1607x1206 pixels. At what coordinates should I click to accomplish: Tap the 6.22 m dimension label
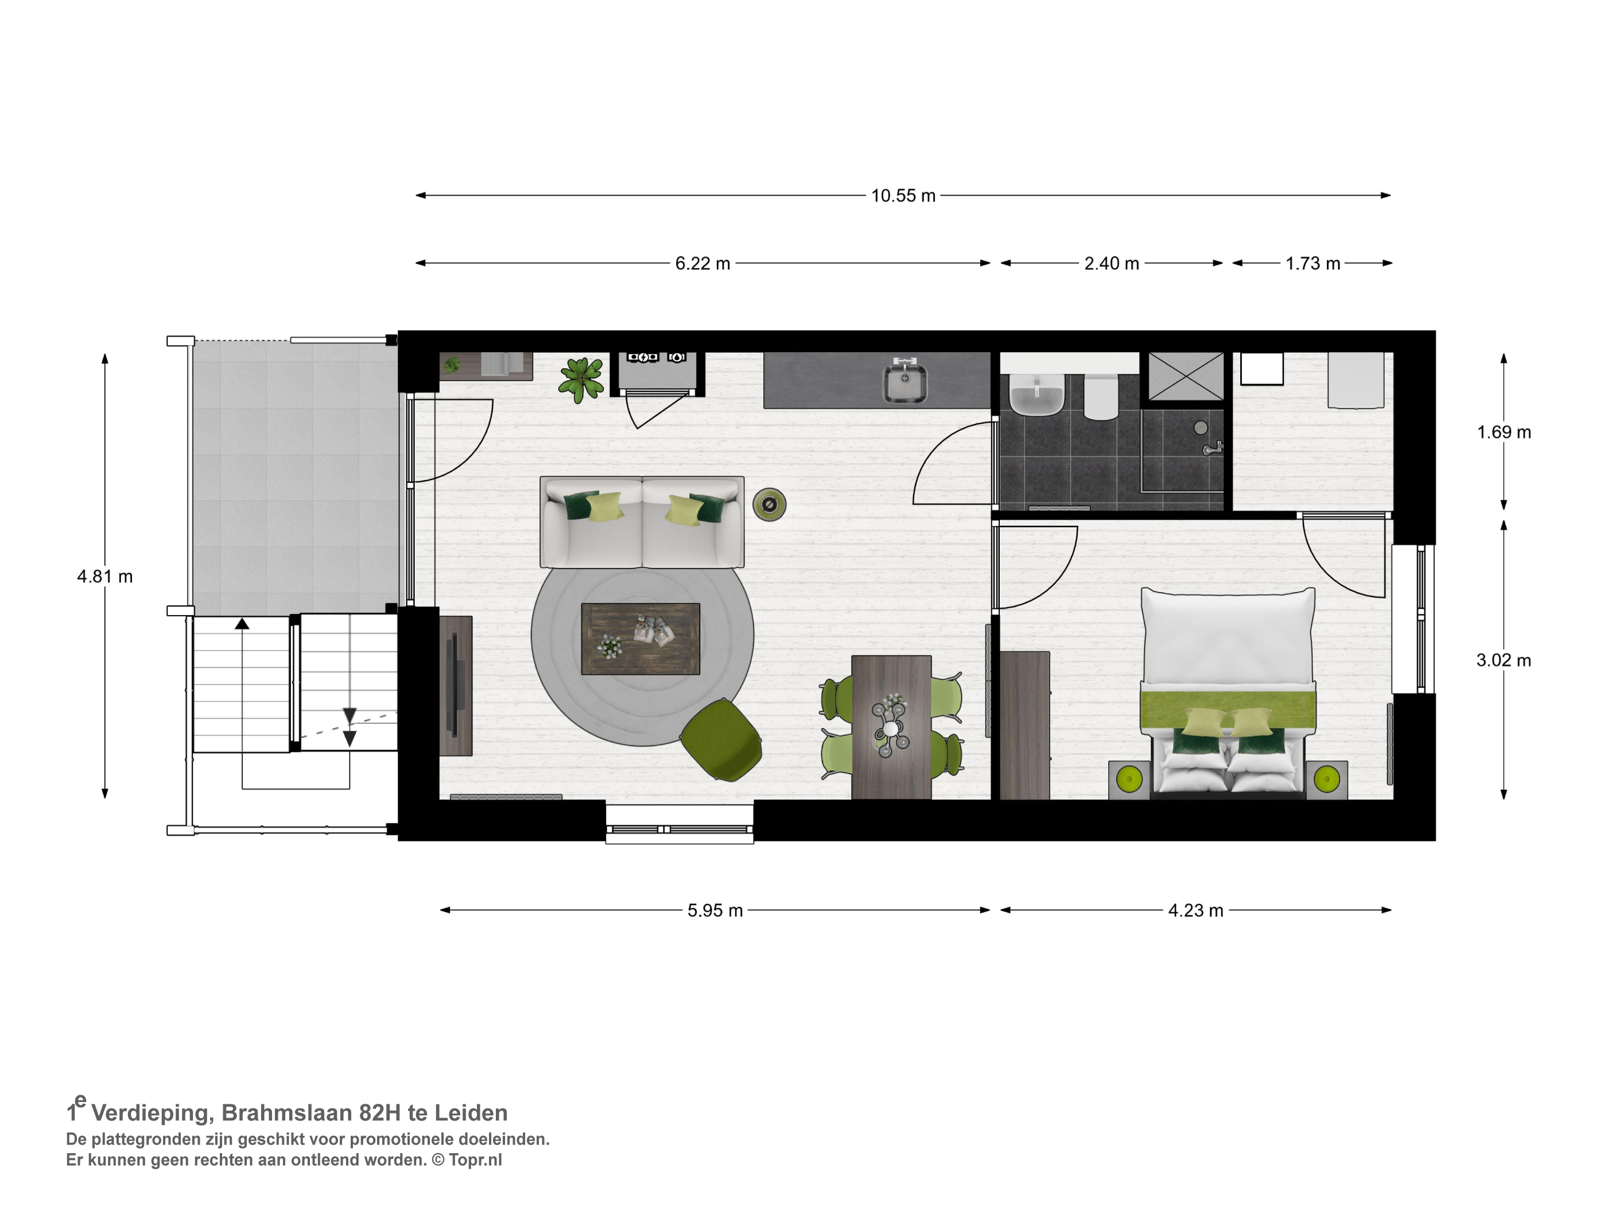point(702,263)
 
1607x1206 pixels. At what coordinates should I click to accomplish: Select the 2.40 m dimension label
point(1112,263)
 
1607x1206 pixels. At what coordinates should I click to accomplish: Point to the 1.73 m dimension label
point(1313,263)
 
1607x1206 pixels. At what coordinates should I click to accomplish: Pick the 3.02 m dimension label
point(1504,660)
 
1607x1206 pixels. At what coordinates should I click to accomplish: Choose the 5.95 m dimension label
point(715,910)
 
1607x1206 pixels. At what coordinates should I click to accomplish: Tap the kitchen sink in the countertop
point(905,382)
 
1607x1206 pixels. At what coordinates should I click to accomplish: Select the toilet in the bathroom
point(1101,397)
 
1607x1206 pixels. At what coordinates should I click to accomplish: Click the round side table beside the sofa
point(770,504)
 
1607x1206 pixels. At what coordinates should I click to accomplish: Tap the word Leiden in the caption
point(472,1113)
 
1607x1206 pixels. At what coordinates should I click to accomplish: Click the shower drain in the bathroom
point(1201,427)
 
